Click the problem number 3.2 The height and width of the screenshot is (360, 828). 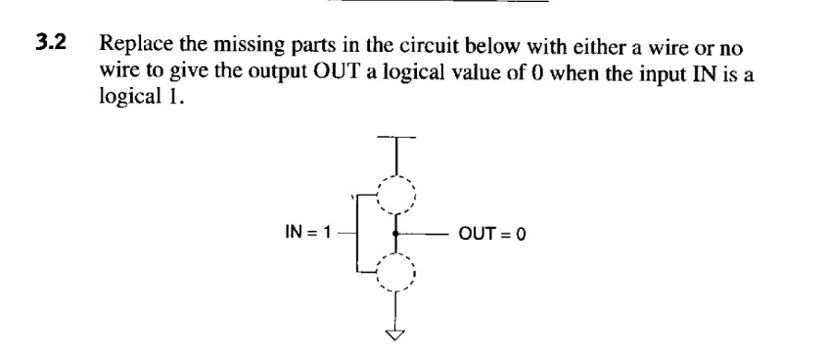coord(51,44)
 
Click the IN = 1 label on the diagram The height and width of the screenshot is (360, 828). coord(304,233)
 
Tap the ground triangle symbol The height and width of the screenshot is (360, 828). coord(395,336)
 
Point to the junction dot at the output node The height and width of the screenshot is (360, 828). coord(395,234)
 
